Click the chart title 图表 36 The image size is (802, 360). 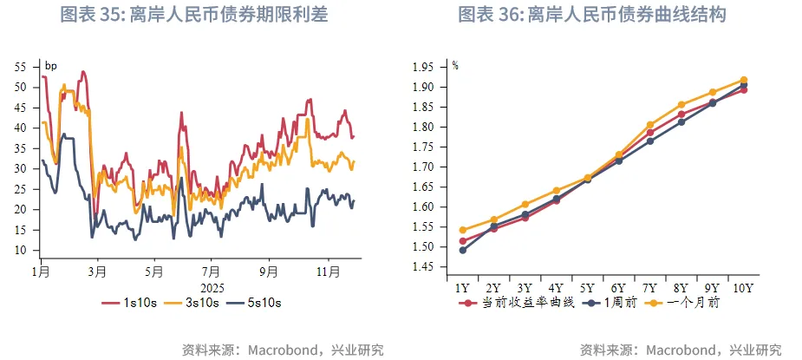point(591,15)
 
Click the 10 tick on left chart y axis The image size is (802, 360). point(23,250)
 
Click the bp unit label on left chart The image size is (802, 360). point(50,66)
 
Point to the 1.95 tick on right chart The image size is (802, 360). point(422,67)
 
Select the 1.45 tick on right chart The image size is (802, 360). point(422,267)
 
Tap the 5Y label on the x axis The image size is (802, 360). point(587,288)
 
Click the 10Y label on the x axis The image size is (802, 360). point(743,288)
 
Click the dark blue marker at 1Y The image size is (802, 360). point(463,250)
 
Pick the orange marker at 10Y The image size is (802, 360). point(744,80)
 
